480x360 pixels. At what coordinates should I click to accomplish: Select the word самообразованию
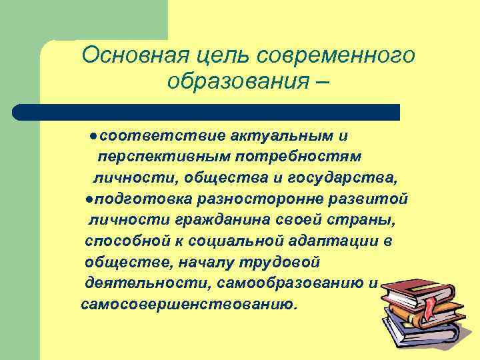(289, 284)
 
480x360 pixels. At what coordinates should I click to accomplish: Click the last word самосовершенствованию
(189, 305)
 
